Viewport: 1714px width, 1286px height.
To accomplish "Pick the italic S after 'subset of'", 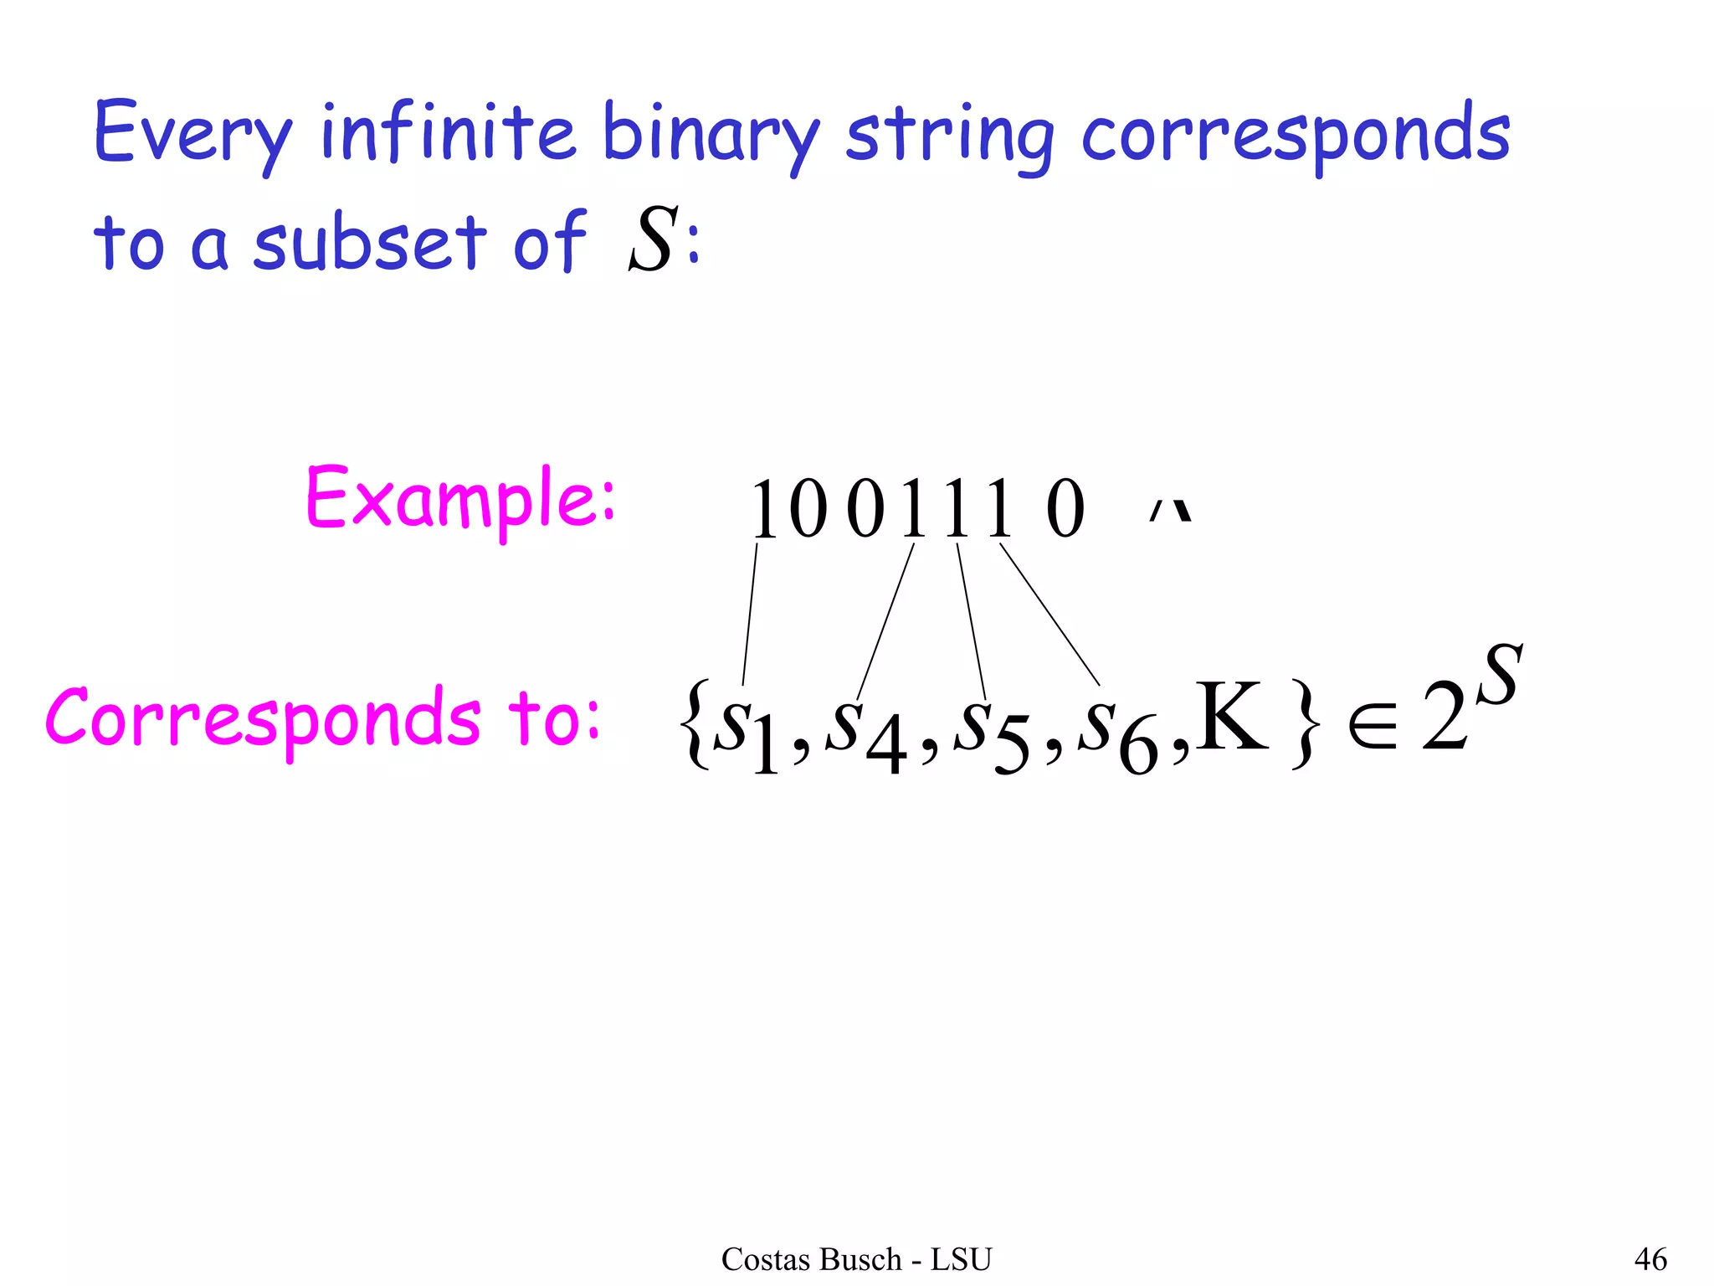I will coord(650,240).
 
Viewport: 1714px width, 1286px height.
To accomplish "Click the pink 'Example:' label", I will coord(460,498).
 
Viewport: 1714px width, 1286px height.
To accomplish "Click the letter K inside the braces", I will coord(1230,717).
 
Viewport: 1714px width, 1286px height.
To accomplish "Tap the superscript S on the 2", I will coord(1498,676).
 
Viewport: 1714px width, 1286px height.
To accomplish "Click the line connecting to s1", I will coord(750,615).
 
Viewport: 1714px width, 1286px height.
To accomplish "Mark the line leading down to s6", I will coord(1049,614).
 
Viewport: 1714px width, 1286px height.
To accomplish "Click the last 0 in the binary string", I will coord(1065,510).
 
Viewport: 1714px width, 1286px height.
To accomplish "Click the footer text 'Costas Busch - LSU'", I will coord(856,1259).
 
